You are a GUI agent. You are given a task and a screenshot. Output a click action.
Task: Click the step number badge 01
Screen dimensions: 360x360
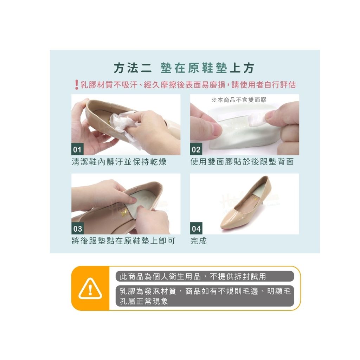pyautogui.click(x=77, y=149)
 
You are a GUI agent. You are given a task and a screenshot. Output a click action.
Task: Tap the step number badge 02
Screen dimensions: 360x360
pyautogui.click(x=196, y=149)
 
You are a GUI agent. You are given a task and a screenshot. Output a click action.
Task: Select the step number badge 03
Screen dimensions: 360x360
pyautogui.click(x=77, y=229)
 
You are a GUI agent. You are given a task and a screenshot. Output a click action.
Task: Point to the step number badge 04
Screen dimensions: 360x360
pyautogui.click(x=196, y=229)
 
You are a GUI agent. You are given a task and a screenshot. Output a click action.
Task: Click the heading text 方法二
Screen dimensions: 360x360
pyautogui.click(x=133, y=68)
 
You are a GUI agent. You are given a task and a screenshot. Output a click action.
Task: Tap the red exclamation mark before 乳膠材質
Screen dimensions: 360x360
pyautogui.click(x=76, y=85)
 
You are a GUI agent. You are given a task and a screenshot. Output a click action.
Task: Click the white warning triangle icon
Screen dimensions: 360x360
pyautogui.click(x=90, y=289)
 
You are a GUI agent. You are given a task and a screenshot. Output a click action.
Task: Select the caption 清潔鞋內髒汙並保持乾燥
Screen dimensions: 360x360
pyautogui.click(x=119, y=162)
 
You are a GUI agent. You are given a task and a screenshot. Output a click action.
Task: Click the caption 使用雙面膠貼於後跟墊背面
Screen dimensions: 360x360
pyautogui.click(x=242, y=162)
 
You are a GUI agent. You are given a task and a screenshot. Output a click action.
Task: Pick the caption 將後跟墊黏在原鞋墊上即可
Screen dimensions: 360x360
pyautogui.click(x=123, y=241)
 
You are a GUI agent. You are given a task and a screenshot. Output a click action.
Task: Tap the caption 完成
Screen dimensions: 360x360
pyautogui.click(x=198, y=241)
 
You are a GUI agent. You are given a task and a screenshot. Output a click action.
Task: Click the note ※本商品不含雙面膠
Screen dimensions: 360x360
pyautogui.click(x=239, y=100)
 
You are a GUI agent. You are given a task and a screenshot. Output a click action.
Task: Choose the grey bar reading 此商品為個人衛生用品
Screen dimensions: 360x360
pyautogui.click(x=205, y=276)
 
